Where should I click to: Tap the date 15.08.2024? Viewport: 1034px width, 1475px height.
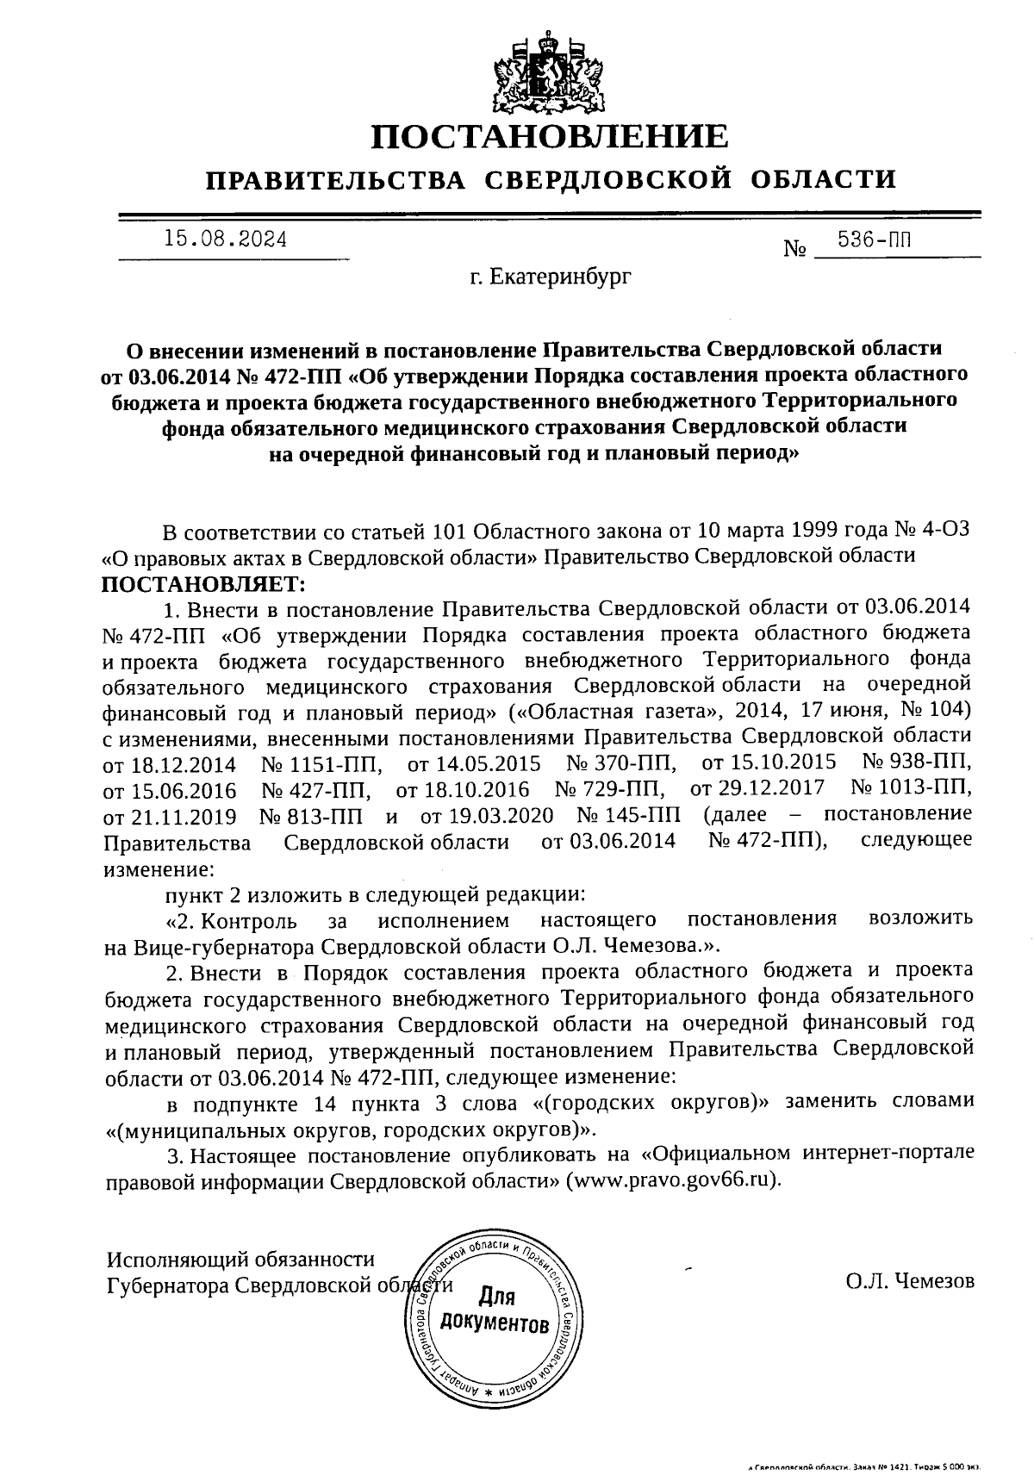226,240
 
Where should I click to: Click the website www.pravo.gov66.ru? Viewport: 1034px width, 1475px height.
673,1179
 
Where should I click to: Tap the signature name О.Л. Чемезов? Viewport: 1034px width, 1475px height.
910,1281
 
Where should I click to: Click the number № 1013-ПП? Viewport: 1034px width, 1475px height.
911,787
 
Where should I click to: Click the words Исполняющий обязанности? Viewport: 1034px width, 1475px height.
240,1259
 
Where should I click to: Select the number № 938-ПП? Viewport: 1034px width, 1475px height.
916,762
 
